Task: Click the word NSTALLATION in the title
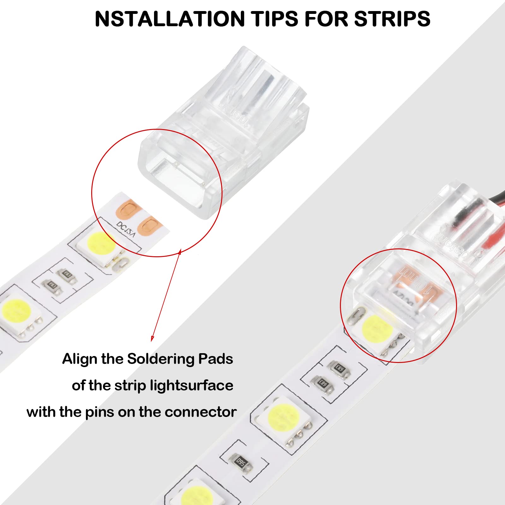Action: coord(170,19)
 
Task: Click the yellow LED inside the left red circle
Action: coord(101,244)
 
